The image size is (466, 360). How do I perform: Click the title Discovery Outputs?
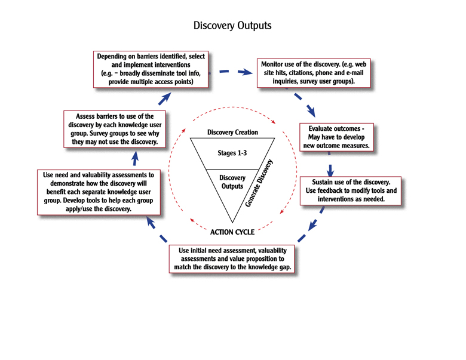point(232,26)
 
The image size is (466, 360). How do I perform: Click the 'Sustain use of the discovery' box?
point(351,190)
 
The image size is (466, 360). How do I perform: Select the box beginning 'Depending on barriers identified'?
point(152,69)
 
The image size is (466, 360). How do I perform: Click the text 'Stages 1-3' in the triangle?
point(232,153)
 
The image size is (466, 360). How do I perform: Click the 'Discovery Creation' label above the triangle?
point(232,132)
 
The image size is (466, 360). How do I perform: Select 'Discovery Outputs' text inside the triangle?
point(232,181)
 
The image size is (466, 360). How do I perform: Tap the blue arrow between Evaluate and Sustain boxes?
point(330,170)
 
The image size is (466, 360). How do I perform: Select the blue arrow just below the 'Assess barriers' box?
point(136,158)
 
